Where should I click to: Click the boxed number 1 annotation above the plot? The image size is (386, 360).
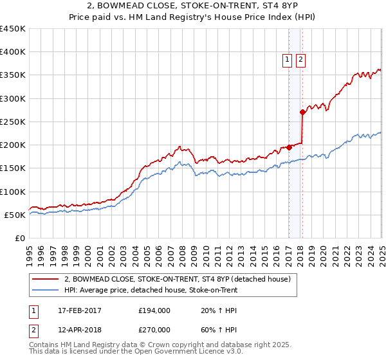(287, 60)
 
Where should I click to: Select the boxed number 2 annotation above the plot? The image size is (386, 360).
(300, 60)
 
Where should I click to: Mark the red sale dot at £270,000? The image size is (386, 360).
(302, 112)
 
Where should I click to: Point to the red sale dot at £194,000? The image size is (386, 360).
(289, 147)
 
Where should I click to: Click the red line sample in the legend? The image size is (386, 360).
(46, 279)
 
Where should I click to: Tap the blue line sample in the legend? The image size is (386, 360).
(46, 290)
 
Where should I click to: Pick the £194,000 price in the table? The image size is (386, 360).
(154, 310)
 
